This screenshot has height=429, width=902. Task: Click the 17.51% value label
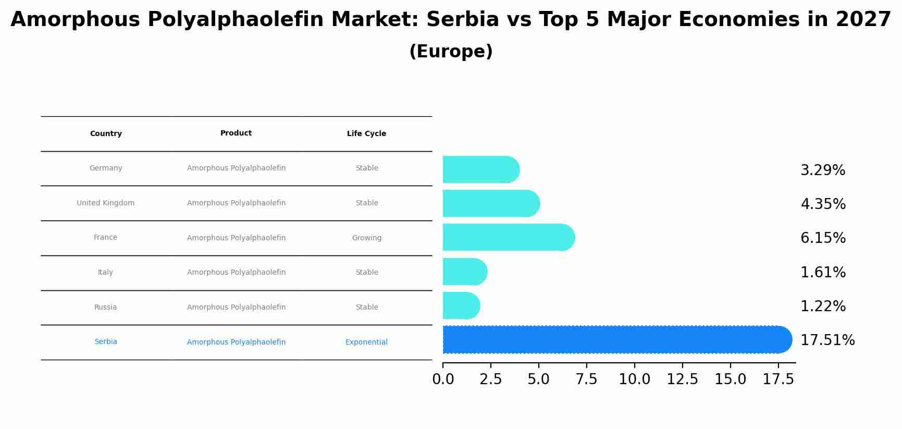pyautogui.click(x=827, y=340)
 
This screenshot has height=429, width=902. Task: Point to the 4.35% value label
pyautogui.click(x=823, y=204)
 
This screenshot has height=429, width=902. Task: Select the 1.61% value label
pyautogui.click(x=823, y=273)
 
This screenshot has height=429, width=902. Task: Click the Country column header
pyautogui.click(x=106, y=134)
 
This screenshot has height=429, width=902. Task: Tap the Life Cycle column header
pyautogui.click(x=366, y=134)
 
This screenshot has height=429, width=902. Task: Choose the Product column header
pyautogui.click(x=236, y=133)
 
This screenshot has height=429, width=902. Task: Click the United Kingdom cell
pyautogui.click(x=105, y=203)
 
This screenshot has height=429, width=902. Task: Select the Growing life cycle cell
pyautogui.click(x=366, y=238)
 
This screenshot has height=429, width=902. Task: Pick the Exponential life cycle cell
pyautogui.click(x=366, y=342)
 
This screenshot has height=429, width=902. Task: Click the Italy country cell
pyautogui.click(x=105, y=273)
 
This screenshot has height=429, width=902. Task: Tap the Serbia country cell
pyautogui.click(x=106, y=342)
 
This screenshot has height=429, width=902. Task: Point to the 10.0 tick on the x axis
pyautogui.click(x=634, y=379)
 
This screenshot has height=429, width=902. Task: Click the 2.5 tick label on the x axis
pyautogui.click(x=490, y=379)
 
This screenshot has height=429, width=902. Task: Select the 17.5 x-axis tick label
pyautogui.click(x=778, y=379)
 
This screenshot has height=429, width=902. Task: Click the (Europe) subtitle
pyautogui.click(x=451, y=52)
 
